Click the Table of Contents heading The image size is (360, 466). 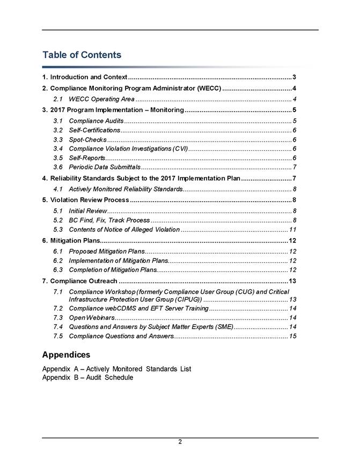point(82,55)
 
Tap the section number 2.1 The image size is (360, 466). point(60,99)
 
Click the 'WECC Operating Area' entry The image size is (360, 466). point(101,99)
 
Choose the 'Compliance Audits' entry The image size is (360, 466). point(96,121)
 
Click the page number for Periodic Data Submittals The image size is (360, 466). point(295,168)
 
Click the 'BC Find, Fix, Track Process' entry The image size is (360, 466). point(109,220)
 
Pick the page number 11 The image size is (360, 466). point(293,230)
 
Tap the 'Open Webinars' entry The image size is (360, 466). point(91,318)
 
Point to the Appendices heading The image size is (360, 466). point(66,355)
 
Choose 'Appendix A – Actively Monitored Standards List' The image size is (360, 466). point(116,369)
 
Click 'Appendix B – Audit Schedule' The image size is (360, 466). point(87,378)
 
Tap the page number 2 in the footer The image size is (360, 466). point(180,442)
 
